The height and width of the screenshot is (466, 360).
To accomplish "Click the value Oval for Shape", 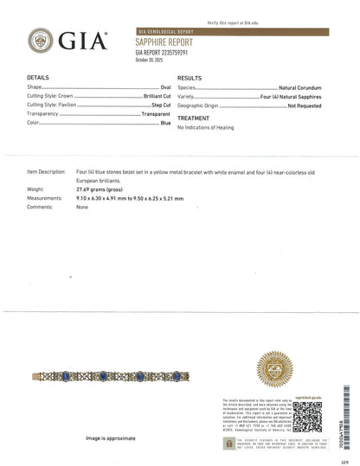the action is coord(159,87).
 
